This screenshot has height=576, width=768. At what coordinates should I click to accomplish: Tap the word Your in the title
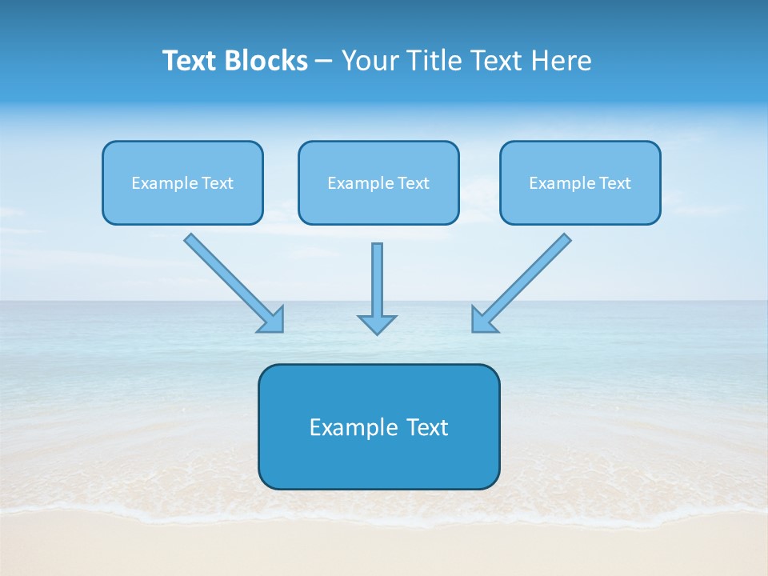(x=370, y=61)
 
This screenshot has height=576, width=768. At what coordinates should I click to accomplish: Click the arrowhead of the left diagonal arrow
(x=272, y=320)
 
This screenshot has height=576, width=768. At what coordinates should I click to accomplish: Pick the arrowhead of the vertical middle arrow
(x=377, y=324)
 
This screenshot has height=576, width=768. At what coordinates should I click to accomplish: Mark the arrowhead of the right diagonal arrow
(x=483, y=320)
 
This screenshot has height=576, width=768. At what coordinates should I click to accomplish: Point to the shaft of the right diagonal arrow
(x=531, y=273)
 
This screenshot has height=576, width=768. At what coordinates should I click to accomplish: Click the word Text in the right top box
(x=615, y=183)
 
